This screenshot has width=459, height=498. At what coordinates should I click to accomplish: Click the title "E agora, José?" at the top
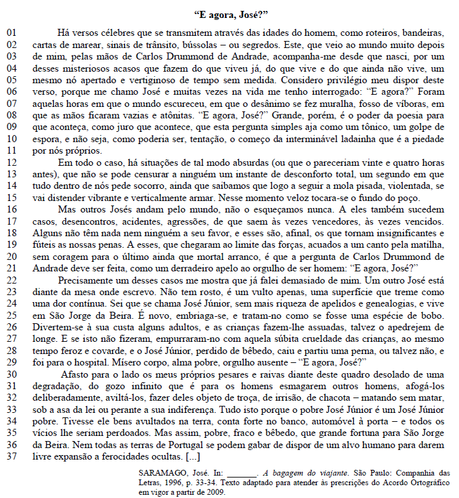pos(229,13)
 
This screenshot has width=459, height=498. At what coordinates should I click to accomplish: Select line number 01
pos(13,31)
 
